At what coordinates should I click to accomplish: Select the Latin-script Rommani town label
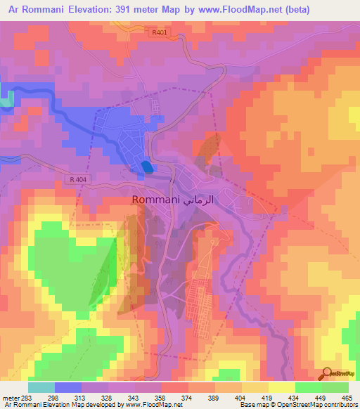156,200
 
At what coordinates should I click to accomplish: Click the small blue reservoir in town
146,167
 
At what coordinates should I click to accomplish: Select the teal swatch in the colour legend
41,387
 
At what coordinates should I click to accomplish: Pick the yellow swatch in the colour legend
281,387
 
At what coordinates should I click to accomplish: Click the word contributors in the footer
337,405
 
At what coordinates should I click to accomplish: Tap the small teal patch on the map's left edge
5,100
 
